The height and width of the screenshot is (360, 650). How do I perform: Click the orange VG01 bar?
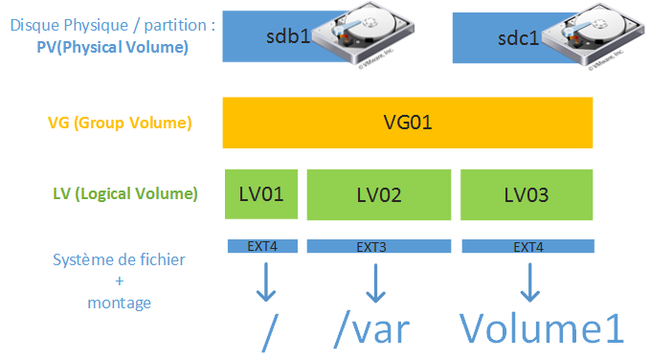click(x=408, y=123)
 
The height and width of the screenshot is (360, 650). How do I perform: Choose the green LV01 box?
click(x=261, y=194)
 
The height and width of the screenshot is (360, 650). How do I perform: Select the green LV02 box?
click(x=379, y=194)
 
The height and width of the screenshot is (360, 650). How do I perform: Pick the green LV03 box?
click(x=527, y=194)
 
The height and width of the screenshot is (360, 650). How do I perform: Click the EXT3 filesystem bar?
click(x=379, y=247)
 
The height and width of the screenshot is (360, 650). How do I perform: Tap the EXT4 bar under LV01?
click(x=261, y=247)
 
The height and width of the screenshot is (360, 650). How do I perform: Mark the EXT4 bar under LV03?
click(x=527, y=247)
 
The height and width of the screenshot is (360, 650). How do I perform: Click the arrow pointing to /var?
click(x=374, y=282)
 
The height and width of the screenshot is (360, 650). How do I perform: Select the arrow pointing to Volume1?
click(x=527, y=282)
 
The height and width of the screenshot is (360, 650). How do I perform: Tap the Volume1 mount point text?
click(x=542, y=327)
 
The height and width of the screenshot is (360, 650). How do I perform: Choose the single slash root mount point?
click(x=270, y=330)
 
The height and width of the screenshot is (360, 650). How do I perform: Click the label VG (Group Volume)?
click(x=120, y=123)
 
